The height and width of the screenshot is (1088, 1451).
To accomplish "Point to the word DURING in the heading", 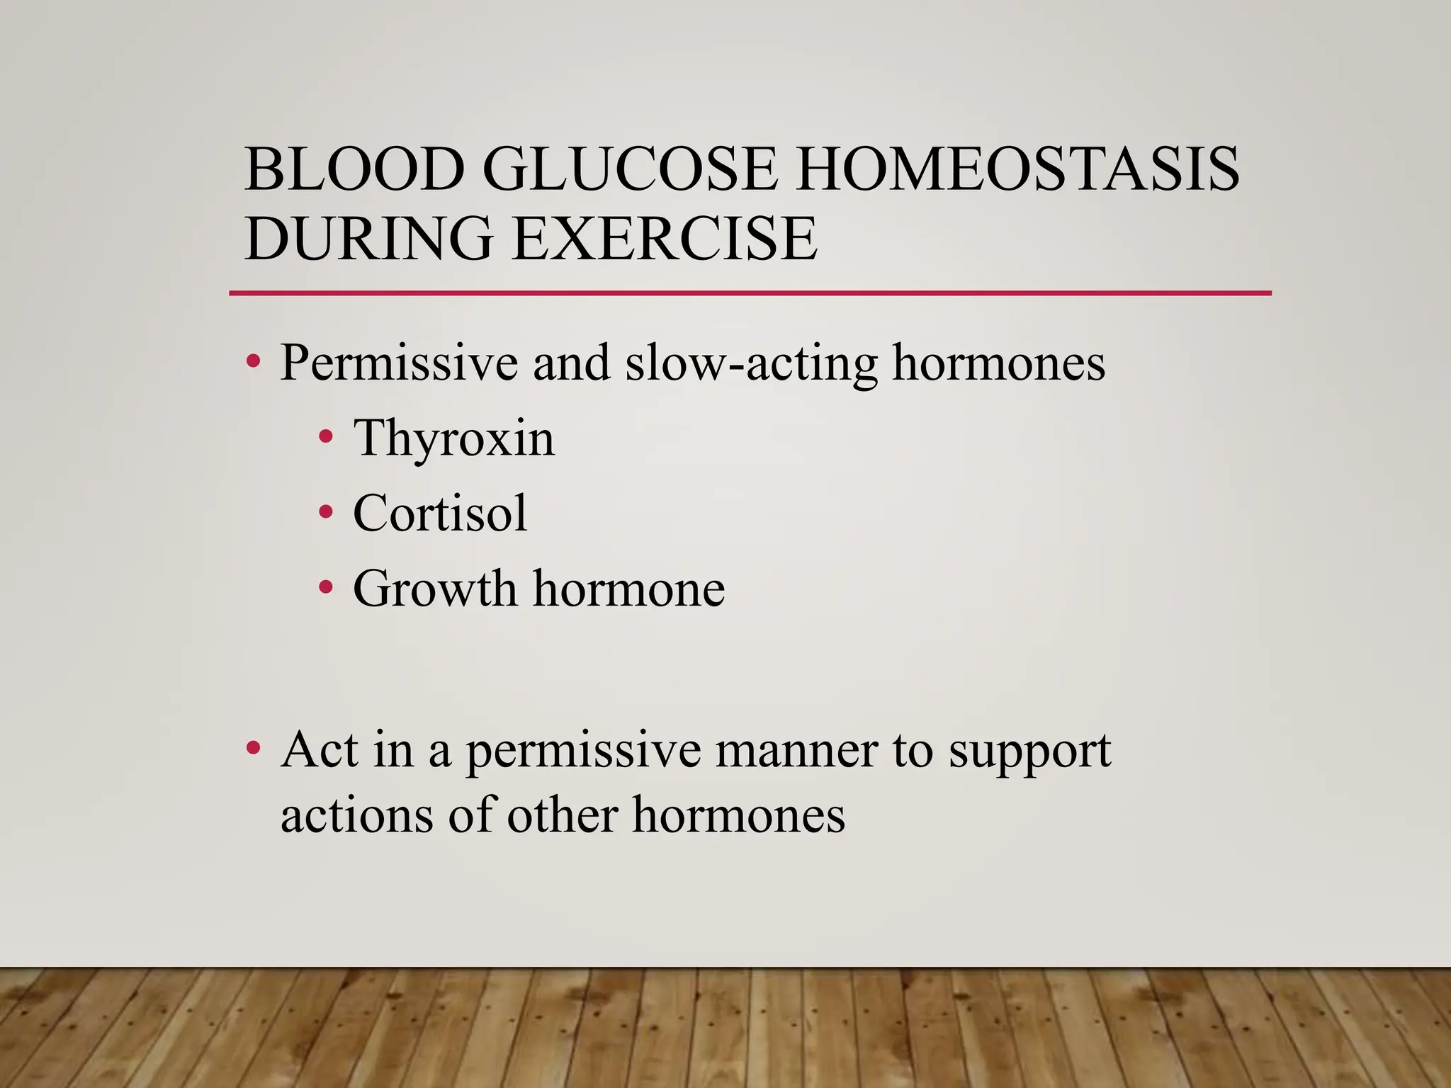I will pyautogui.click(x=368, y=238).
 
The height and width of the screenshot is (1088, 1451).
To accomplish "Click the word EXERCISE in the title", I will pyautogui.click(x=665, y=238).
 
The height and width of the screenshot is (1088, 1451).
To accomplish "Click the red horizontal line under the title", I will pyautogui.click(x=750, y=293).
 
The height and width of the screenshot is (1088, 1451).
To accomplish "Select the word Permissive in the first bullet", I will pyautogui.click(x=399, y=363).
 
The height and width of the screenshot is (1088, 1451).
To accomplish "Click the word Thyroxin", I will pyautogui.click(x=454, y=438).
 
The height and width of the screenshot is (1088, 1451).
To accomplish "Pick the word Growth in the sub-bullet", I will pyautogui.click(x=435, y=589).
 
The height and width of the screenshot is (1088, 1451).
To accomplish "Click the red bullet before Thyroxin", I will pyautogui.click(x=325, y=436).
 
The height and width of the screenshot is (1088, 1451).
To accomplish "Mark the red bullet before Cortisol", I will pyautogui.click(x=325, y=511).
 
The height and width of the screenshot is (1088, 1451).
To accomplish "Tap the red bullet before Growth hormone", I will pyautogui.click(x=325, y=586).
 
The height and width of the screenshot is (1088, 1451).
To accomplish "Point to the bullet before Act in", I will pyautogui.click(x=252, y=748).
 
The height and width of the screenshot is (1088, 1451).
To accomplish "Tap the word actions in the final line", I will pyautogui.click(x=356, y=815).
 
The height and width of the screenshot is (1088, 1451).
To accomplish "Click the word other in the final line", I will pyautogui.click(x=562, y=815).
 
